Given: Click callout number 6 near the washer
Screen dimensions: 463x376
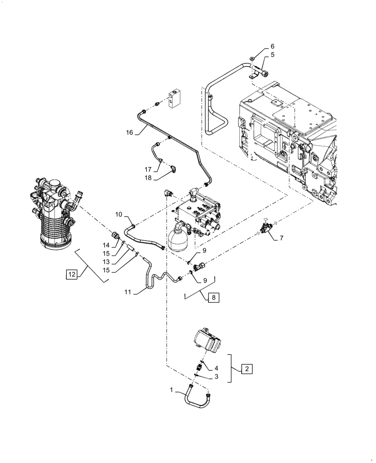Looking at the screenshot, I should [x=272, y=46].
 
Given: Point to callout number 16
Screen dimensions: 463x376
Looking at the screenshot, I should [x=130, y=132].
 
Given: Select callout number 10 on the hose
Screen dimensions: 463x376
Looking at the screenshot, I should [x=119, y=215].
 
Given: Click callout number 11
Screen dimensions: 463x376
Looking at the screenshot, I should [x=128, y=292].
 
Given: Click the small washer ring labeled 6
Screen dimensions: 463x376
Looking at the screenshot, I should [x=251, y=58].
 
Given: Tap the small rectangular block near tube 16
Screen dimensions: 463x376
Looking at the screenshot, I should [x=175, y=98].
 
